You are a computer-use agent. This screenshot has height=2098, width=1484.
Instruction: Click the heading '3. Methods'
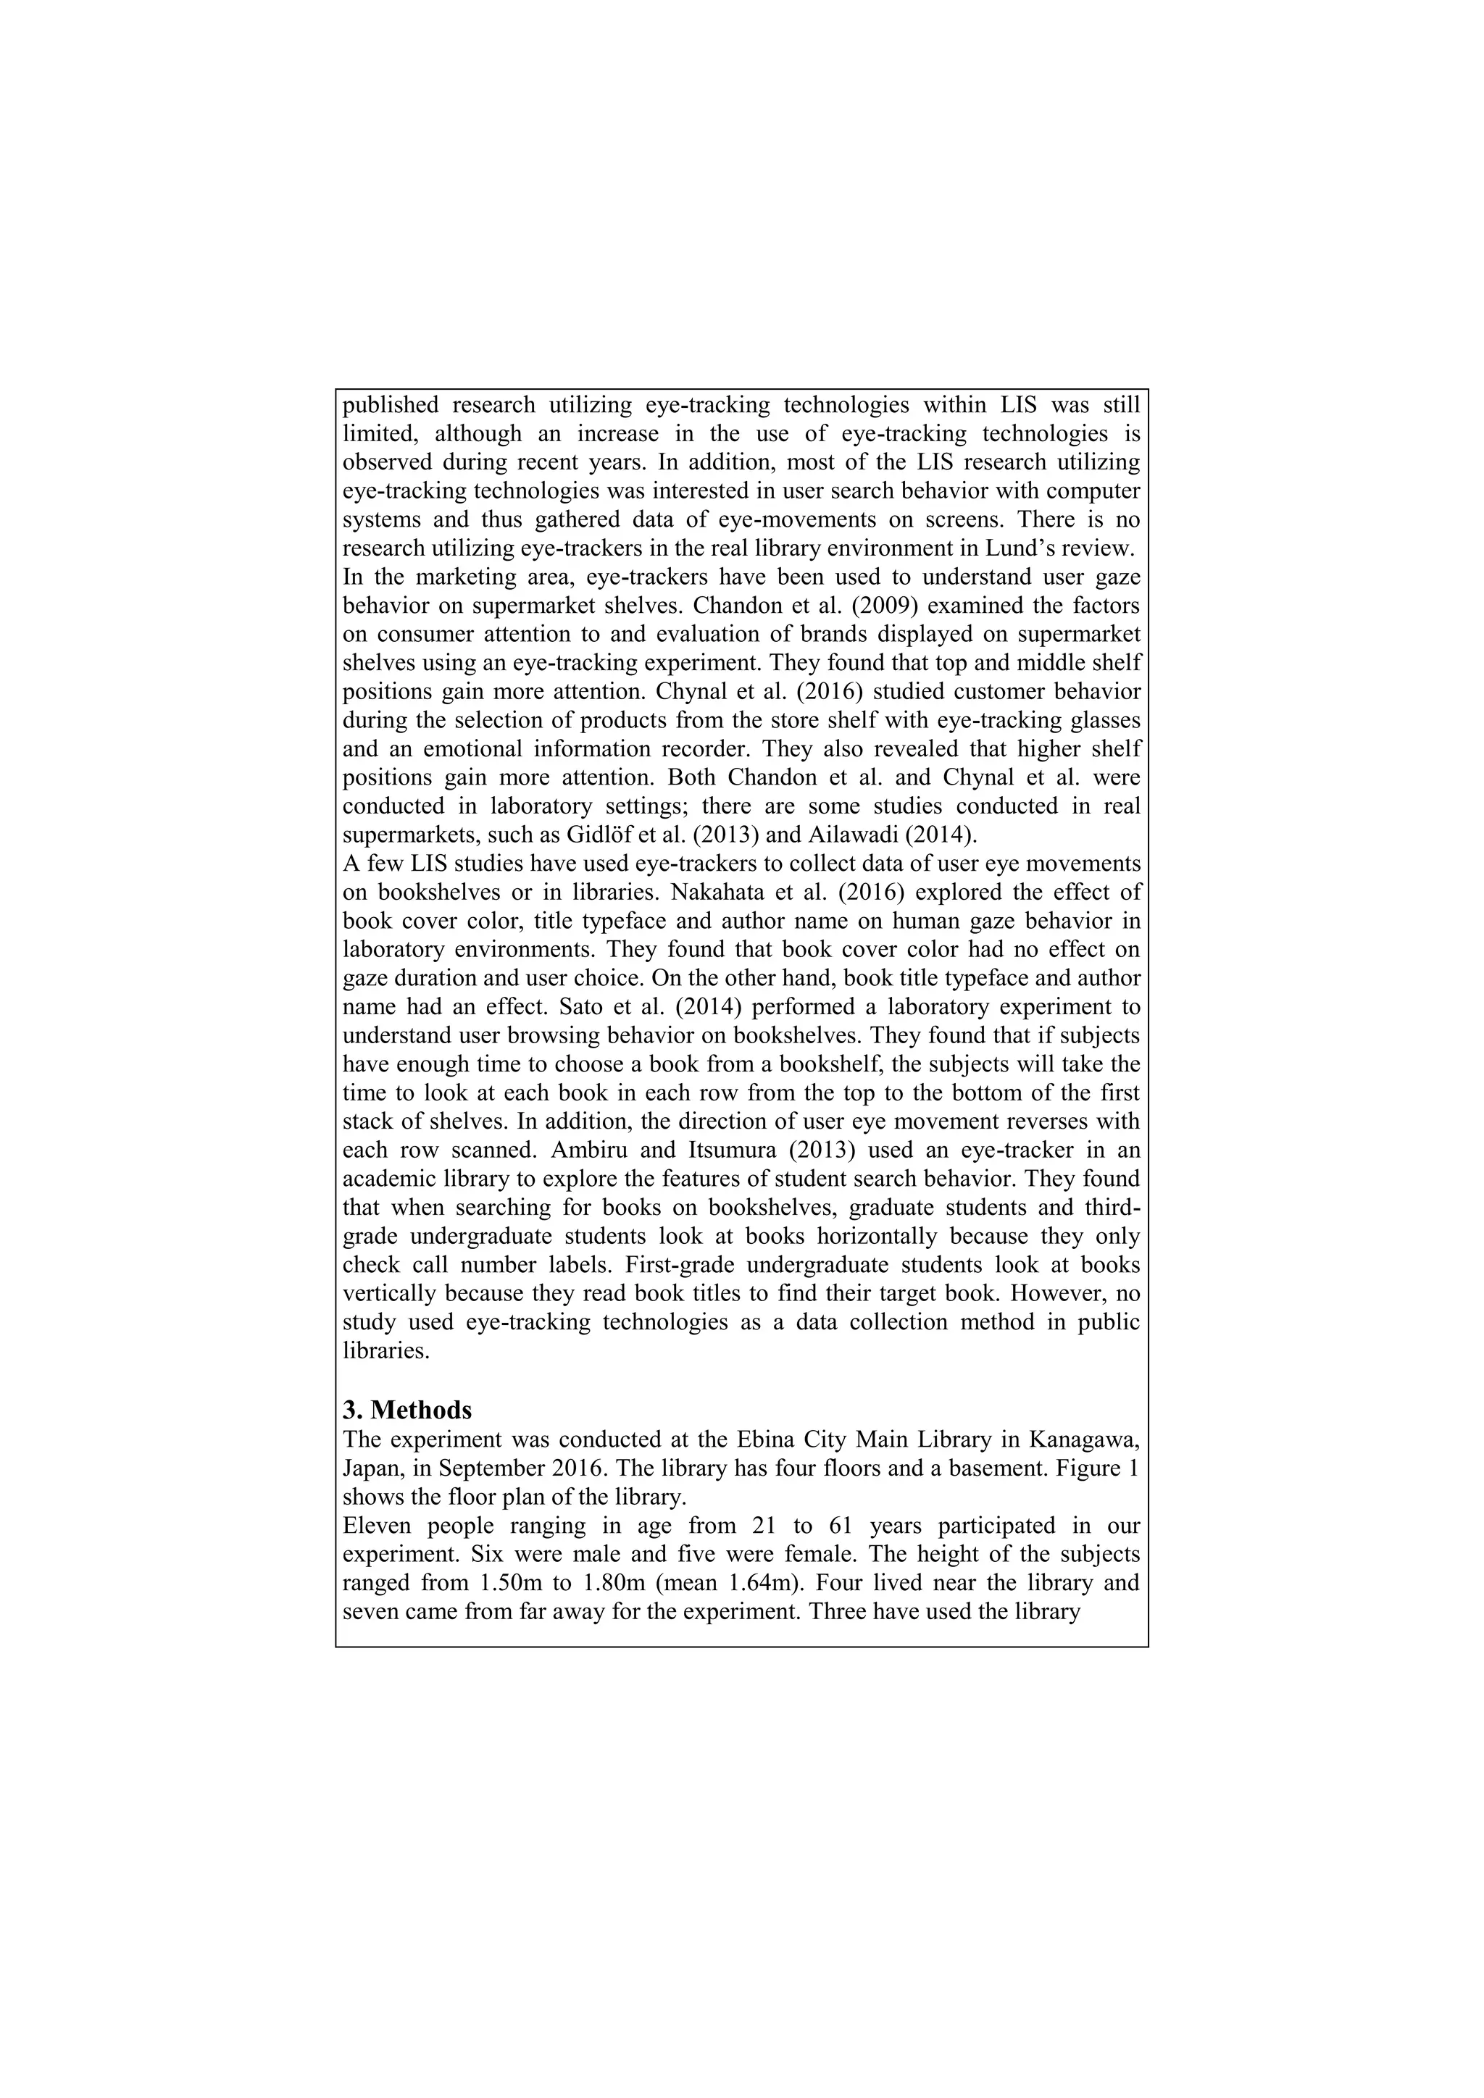click(407, 1410)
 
